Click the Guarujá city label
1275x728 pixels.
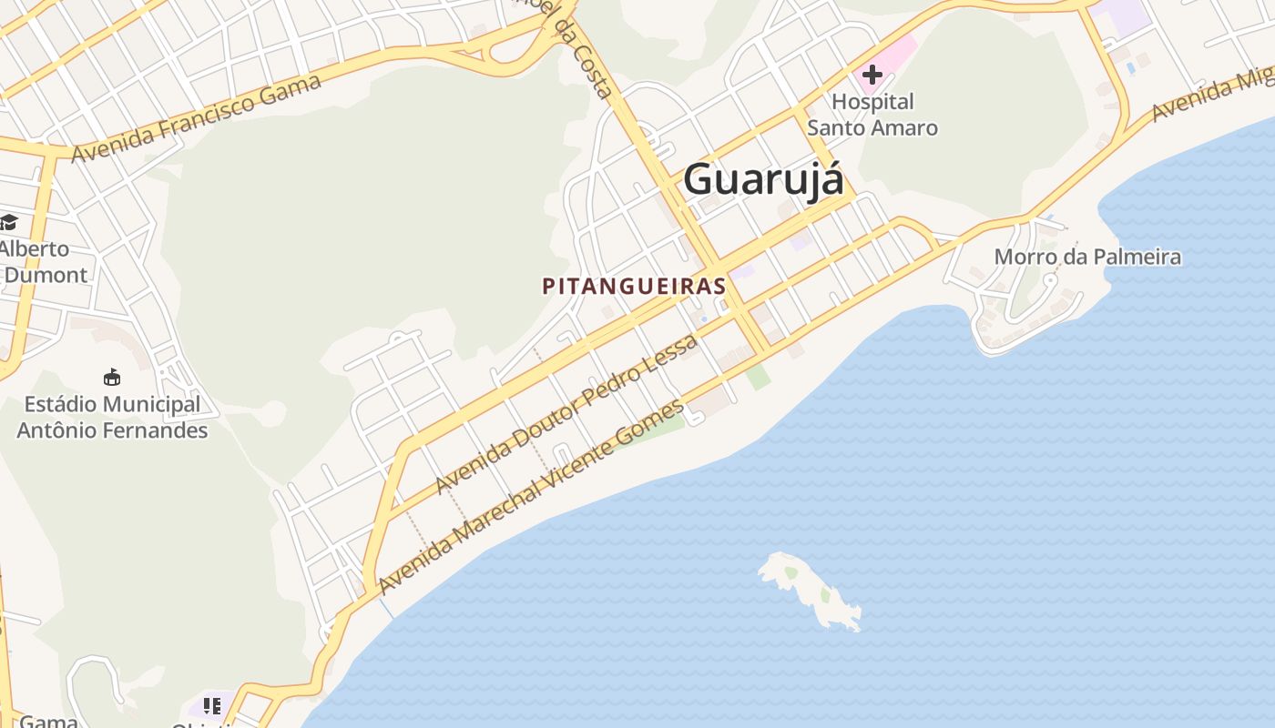(763, 178)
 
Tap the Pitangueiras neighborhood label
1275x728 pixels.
(634, 286)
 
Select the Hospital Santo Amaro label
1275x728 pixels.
(872, 115)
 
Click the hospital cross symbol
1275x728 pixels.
(872, 75)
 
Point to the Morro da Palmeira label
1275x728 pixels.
(1087, 257)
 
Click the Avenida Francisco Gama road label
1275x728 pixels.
(197, 118)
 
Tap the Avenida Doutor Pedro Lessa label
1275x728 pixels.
(566, 415)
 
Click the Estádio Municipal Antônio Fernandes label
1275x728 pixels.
(112, 417)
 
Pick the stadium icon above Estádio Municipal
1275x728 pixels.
(112, 377)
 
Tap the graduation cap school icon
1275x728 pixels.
(8, 222)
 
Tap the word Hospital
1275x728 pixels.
(872, 101)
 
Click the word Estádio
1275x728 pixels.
(57, 404)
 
